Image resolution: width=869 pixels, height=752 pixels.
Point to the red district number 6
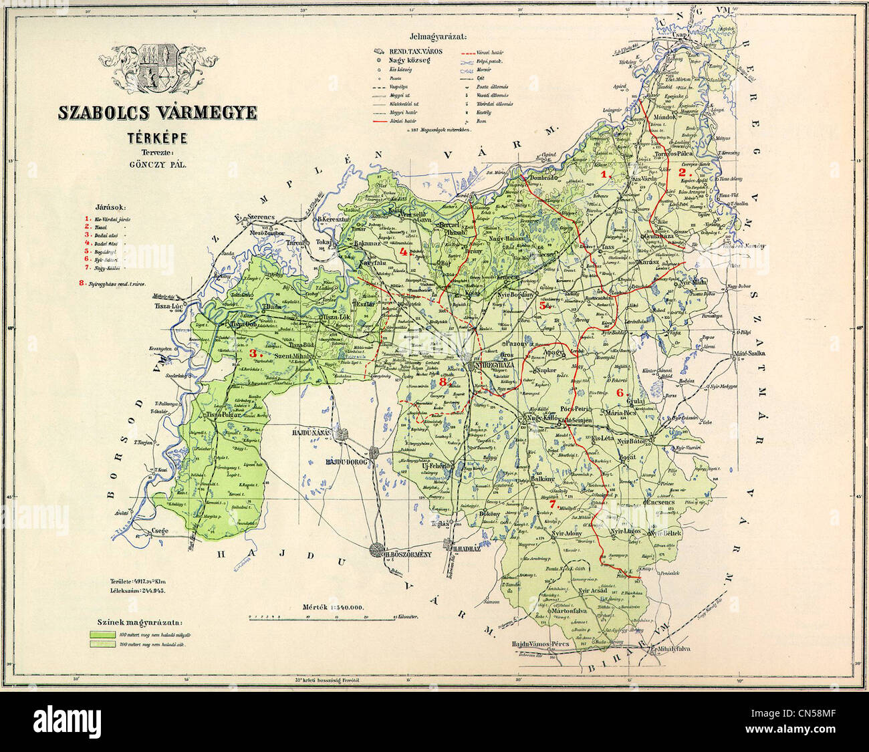point(619,392)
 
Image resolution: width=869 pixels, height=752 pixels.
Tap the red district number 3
point(253,353)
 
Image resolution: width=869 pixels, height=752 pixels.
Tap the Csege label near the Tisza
point(160,531)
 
